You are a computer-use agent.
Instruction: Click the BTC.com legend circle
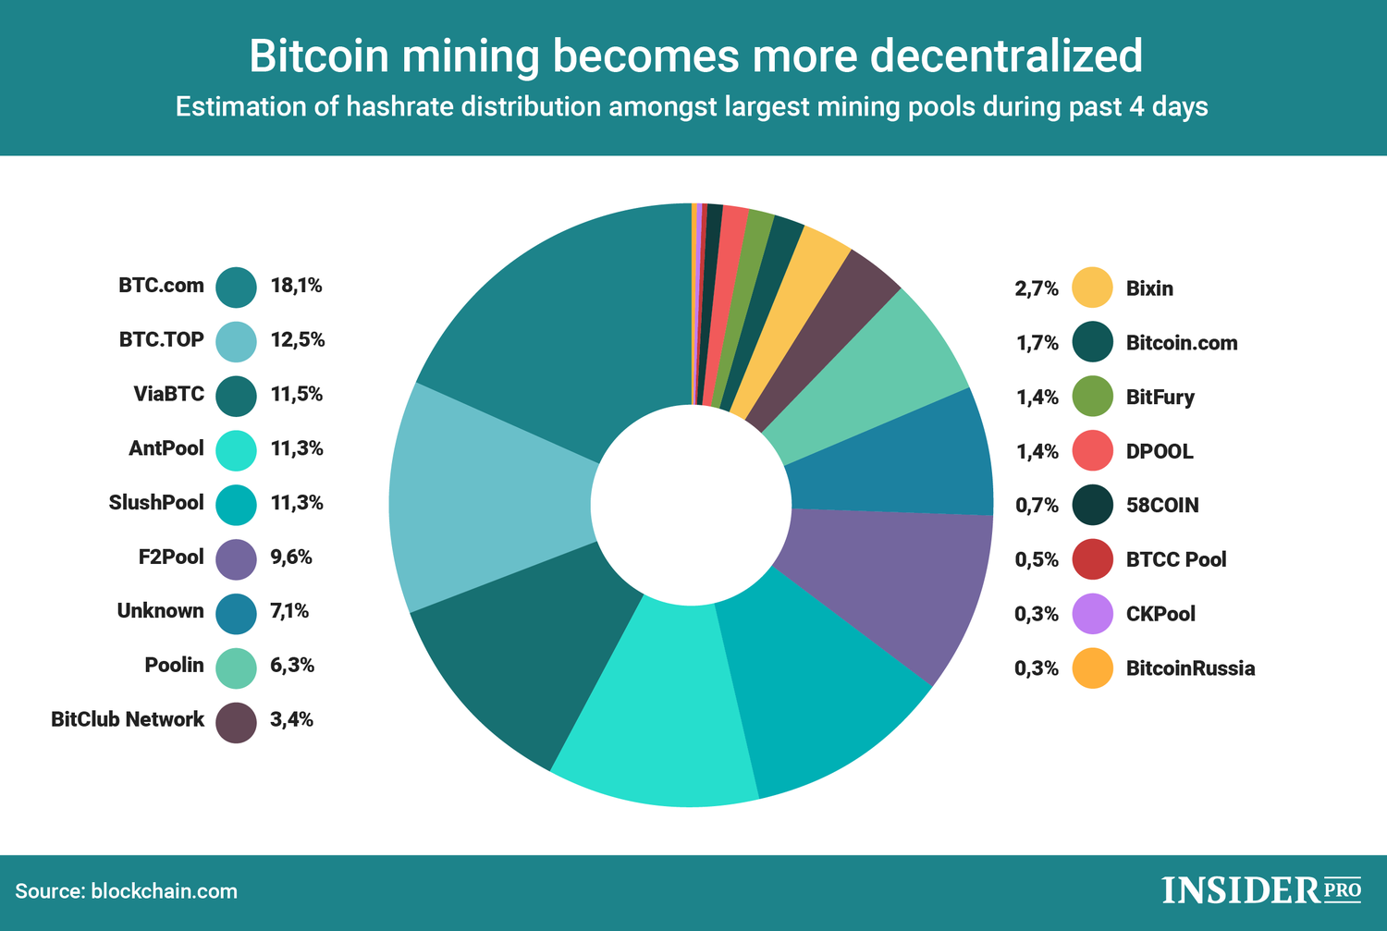coord(236,287)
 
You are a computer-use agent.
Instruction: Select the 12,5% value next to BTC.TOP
coord(297,340)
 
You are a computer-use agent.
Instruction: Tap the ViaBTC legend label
coord(168,395)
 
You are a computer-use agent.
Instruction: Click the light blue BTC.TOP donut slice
coord(490,499)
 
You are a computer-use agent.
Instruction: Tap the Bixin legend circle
coord(1092,288)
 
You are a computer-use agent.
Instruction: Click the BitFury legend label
coord(1160,398)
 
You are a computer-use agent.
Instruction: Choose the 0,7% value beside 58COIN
coord(1037,506)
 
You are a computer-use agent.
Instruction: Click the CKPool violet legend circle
coord(1092,614)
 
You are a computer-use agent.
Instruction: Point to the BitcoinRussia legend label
coord(1190,668)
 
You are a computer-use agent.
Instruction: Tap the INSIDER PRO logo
coord(1261,890)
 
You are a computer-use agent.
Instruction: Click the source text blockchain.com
coord(165,891)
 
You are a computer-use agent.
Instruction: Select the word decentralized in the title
coord(1006,55)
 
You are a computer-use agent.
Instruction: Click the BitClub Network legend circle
coord(236,722)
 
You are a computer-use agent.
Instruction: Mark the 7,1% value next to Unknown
coord(289,611)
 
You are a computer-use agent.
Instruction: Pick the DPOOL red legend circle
coord(1092,451)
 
